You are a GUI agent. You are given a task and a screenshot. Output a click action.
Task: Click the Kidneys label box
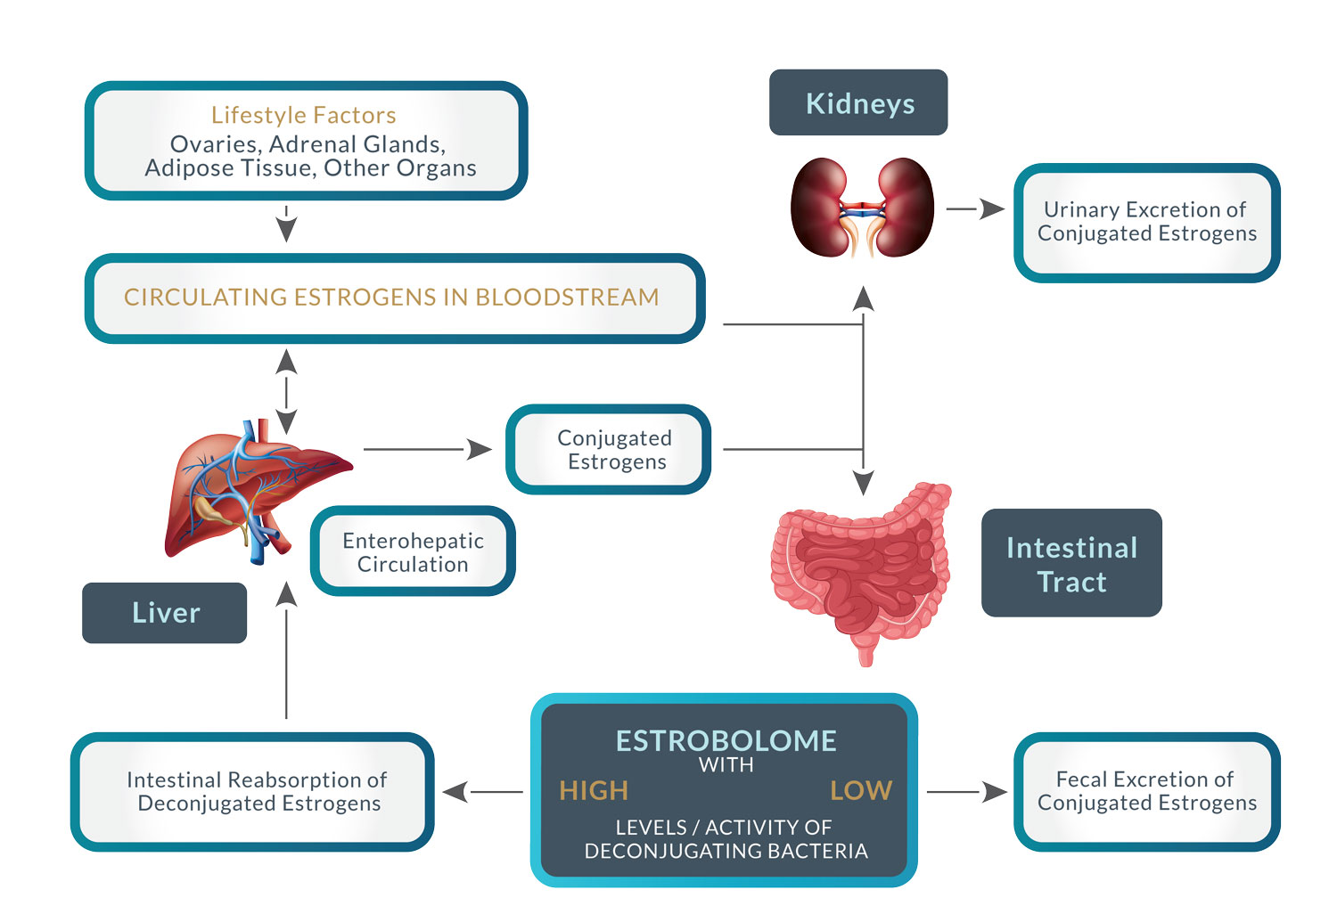(858, 102)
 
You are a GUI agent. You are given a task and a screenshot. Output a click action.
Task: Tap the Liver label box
(165, 613)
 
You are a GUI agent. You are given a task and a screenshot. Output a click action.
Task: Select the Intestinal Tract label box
(1071, 563)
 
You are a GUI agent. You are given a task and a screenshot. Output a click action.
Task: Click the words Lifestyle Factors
(304, 115)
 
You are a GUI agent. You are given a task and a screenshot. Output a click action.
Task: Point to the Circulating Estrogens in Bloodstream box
(395, 298)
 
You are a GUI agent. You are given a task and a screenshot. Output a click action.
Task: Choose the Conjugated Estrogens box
(608, 449)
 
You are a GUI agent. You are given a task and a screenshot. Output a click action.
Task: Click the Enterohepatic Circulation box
(413, 551)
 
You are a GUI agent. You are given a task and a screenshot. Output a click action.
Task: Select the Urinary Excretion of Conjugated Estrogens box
(1147, 223)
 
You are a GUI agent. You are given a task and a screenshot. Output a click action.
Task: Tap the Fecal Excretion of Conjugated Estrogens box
(1147, 792)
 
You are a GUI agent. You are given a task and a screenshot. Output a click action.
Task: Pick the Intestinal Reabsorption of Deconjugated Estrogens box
(252, 792)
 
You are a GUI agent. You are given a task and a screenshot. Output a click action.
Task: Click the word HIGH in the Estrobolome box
(594, 790)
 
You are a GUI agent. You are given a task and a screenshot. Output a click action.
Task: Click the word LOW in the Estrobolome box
(861, 790)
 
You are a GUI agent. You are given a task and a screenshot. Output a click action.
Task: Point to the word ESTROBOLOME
(726, 741)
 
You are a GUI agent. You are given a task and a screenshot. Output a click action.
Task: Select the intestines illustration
(861, 573)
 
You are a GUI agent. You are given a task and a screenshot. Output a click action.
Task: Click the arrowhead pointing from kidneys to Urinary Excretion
(993, 208)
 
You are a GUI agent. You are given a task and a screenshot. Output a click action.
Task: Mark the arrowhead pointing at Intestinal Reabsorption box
(455, 792)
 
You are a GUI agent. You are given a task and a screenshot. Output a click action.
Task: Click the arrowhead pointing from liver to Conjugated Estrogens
(480, 449)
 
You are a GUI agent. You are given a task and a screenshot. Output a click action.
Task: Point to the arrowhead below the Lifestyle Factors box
(286, 231)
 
